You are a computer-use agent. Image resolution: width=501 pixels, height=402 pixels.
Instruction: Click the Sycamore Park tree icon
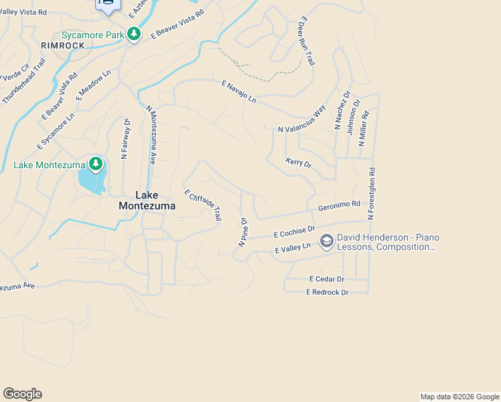click(134, 34)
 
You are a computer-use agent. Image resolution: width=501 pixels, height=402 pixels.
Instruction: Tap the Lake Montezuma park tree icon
click(96, 164)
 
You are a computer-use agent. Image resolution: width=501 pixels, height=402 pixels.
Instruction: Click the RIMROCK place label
click(62, 45)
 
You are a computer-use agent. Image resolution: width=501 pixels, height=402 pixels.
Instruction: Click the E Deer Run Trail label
click(306, 42)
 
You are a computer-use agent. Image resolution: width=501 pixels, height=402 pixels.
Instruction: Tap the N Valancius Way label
click(302, 119)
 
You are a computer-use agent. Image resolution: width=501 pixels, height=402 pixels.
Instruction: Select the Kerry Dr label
click(299, 163)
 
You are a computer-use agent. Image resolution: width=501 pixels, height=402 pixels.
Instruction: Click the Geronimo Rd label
click(339, 206)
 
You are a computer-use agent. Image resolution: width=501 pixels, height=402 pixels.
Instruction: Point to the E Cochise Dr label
click(294, 232)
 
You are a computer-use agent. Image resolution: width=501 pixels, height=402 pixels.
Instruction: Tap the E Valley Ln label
click(293, 249)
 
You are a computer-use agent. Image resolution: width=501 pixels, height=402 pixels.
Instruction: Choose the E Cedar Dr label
click(326, 279)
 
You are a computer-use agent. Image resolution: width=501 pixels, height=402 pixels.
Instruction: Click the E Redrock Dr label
click(328, 292)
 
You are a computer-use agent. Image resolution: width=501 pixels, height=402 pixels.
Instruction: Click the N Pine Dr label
click(243, 231)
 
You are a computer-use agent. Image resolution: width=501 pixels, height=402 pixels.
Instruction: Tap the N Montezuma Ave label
click(151, 135)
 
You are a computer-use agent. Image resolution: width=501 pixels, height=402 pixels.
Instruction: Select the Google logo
click(22, 394)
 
